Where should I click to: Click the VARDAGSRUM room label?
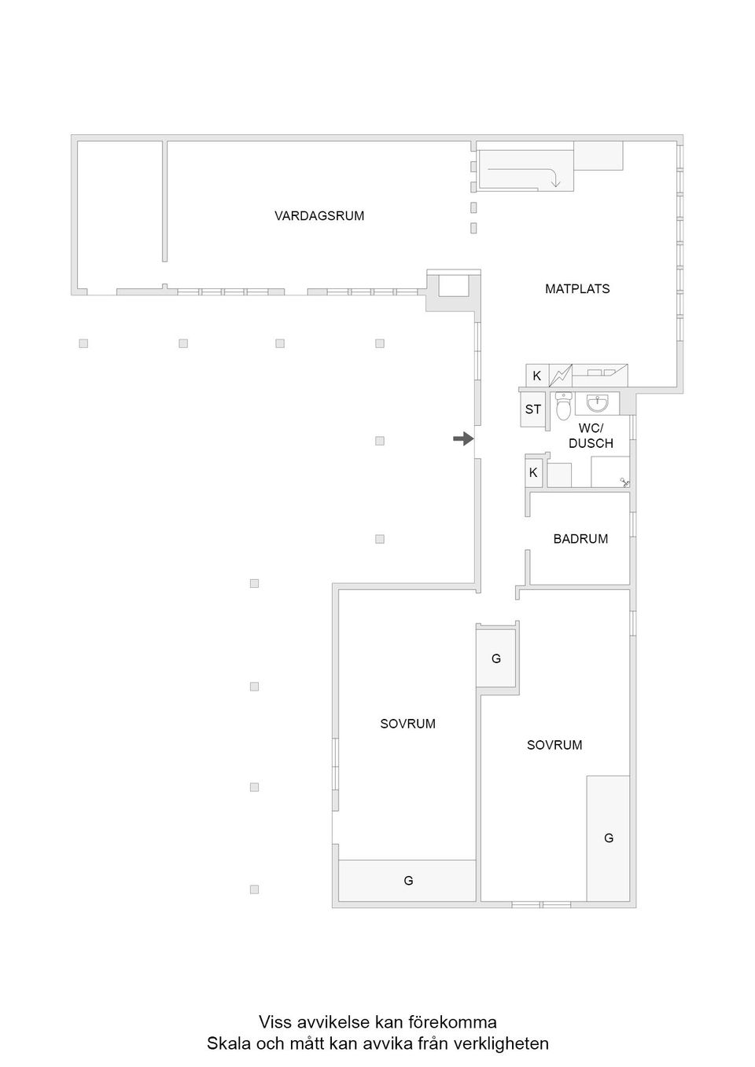pos(319,216)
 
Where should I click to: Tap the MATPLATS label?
pos(577,289)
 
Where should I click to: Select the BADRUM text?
pos(580,539)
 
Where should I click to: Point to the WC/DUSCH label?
pos(591,436)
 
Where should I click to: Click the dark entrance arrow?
pos(463,439)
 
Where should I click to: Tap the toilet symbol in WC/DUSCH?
pos(563,407)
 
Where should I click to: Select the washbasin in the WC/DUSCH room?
pos(597,404)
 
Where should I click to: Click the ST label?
pos(533,409)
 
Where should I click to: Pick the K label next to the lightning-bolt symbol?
pos(537,376)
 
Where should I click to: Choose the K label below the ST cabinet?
pos(533,473)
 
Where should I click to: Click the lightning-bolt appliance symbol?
pos(561,376)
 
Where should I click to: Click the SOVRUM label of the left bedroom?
pos(407,724)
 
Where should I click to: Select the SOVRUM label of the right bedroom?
pos(554,746)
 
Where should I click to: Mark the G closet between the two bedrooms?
pos(496,659)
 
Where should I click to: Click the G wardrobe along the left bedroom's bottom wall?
pos(408,881)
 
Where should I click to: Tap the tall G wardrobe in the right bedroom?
pos(609,838)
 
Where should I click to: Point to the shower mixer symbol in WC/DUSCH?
pos(625,482)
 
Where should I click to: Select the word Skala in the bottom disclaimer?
pos(227,1044)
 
